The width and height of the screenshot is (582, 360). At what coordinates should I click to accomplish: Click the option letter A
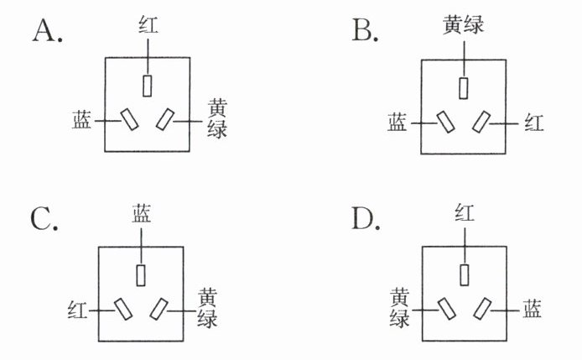pos(44,30)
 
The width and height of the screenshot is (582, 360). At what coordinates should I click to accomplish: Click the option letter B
pos(361,30)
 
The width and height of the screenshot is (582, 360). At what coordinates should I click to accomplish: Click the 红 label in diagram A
pos(148,24)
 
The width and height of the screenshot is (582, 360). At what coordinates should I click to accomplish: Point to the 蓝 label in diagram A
pos(81,119)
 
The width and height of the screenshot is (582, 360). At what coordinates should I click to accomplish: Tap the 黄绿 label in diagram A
pos(217,119)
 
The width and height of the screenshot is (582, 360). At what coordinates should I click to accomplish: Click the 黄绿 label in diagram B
pos(463,25)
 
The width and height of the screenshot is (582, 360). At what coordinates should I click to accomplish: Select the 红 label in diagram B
pos(534,123)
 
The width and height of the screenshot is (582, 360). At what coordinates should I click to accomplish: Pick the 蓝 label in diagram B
pos(398,123)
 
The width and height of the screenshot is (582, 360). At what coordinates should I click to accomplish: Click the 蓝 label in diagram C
pos(142,213)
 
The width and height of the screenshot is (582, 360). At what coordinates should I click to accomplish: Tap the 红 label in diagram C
pos(77,310)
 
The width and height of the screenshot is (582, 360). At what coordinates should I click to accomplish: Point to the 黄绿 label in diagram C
pos(207,308)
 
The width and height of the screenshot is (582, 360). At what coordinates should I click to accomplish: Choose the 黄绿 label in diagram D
pos(399,308)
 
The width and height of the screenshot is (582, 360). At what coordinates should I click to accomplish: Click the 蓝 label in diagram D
pos(532,309)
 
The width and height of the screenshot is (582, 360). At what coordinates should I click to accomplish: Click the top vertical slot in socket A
pos(148,86)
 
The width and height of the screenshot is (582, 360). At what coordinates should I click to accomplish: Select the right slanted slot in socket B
pos(481,122)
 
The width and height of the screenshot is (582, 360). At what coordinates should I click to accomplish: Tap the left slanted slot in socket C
pos(123,309)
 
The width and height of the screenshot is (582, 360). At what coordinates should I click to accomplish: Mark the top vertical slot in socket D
pos(464,275)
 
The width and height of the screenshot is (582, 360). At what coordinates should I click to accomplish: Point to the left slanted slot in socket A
pos(129,119)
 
